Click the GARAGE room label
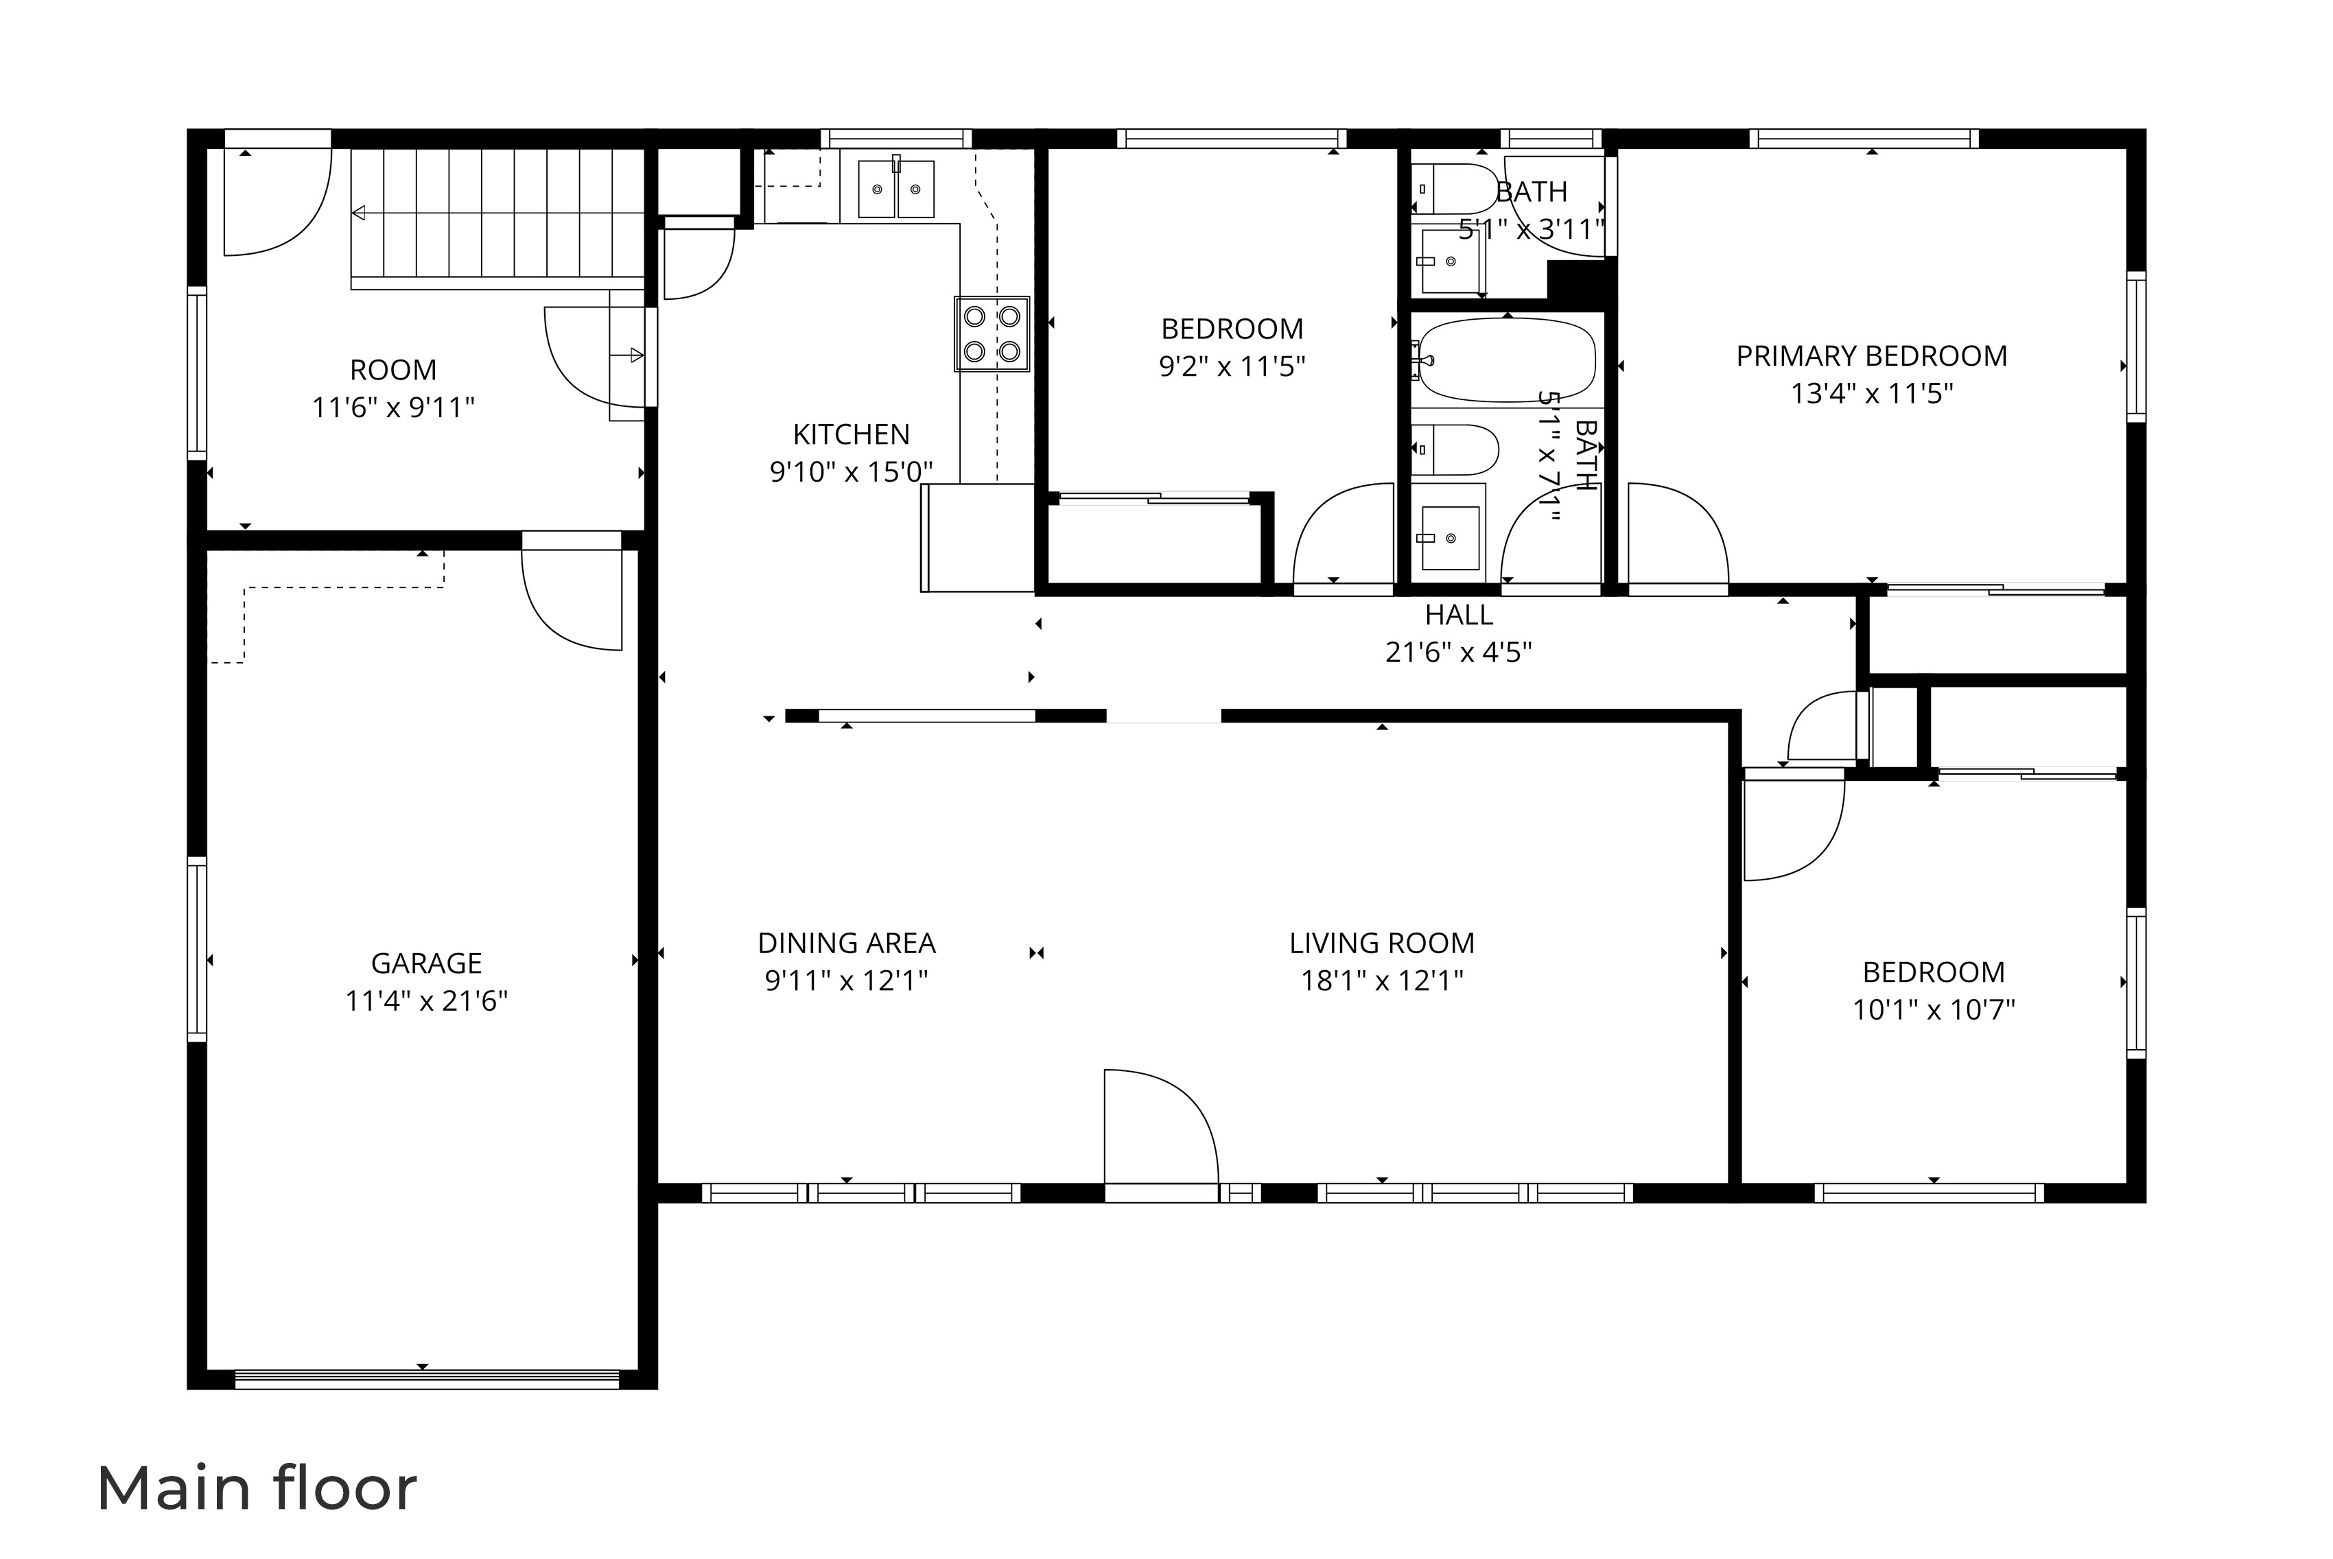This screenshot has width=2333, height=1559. [x=426, y=963]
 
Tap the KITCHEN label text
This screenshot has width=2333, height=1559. [x=851, y=434]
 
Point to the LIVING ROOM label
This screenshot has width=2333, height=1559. [x=1382, y=943]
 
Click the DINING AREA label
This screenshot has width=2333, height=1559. [x=846, y=943]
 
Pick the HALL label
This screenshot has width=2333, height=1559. [x=1458, y=614]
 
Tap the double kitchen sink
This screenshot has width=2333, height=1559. [x=895, y=189]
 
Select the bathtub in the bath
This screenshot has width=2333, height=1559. [x=1506, y=360]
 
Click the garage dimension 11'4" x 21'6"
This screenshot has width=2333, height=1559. [x=426, y=1000]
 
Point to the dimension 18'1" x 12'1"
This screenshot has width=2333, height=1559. [x=1382, y=981]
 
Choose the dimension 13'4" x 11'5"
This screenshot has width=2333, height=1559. [x=1871, y=394]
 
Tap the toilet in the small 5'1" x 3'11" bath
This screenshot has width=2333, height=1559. [x=1453, y=189]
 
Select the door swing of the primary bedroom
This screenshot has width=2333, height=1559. [x=1676, y=537]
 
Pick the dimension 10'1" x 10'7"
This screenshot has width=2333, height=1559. [x=1934, y=1009]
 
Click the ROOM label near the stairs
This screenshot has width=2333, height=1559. [x=392, y=370]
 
